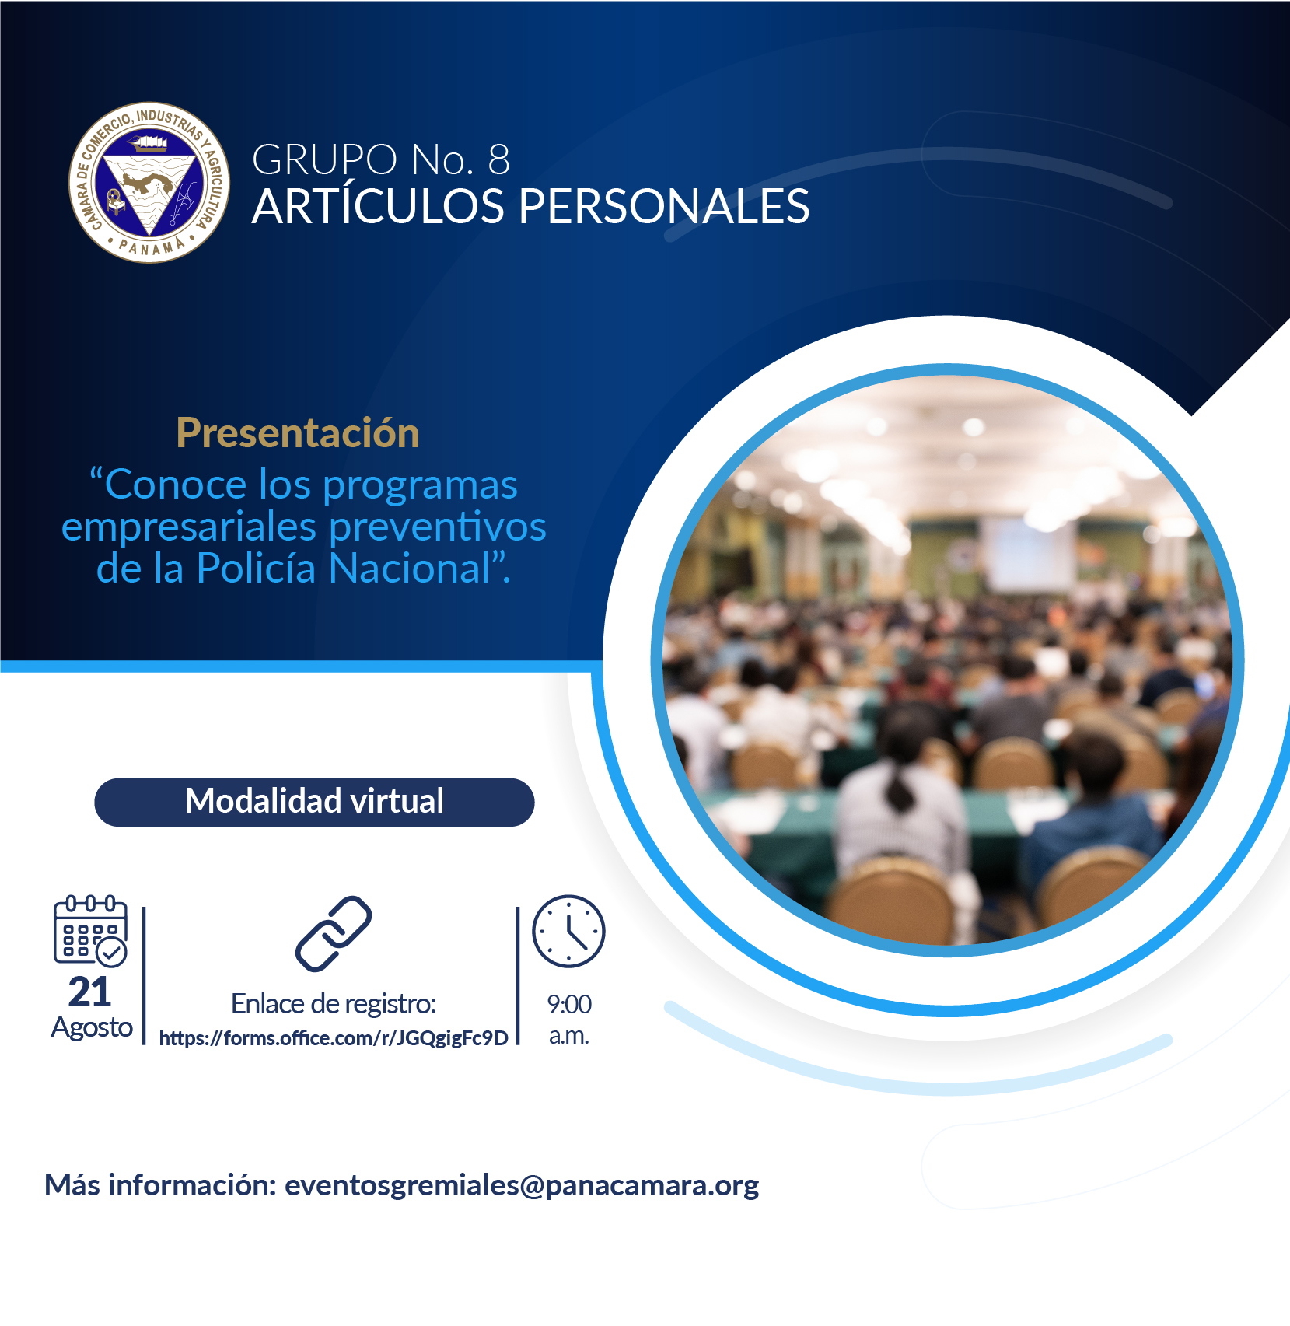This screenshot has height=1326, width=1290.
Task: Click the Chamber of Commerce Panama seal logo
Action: (x=149, y=183)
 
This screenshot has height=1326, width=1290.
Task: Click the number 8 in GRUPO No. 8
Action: (x=498, y=159)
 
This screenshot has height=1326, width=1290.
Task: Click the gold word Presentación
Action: (x=298, y=432)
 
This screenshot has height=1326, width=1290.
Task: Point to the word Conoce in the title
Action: (x=176, y=485)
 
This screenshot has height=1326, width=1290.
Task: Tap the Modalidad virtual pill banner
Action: (x=314, y=802)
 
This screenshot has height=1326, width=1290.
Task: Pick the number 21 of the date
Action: (x=89, y=992)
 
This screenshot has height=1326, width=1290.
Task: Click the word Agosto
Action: (x=92, y=1028)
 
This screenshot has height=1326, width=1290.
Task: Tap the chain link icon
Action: (x=334, y=934)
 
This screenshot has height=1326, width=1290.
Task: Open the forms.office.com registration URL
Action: (x=334, y=1038)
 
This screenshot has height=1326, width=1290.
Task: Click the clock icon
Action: (x=568, y=931)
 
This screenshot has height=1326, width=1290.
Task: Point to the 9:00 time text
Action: (x=569, y=1004)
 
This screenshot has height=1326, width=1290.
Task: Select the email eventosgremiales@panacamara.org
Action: (x=522, y=1185)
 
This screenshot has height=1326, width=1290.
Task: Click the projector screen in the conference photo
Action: (x=1029, y=555)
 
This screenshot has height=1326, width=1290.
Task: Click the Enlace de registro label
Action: (x=334, y=1004)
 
